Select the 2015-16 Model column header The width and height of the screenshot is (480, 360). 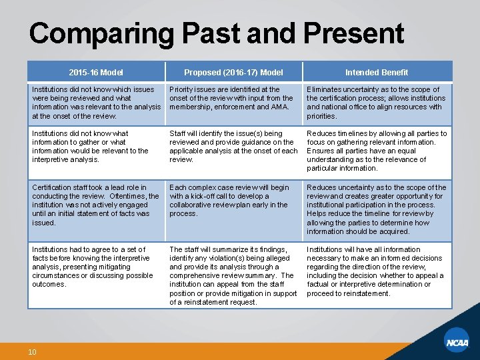tap(96, 72)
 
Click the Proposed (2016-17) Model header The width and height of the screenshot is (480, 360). tap(233, 72)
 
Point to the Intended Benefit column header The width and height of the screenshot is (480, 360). tap(377, 72)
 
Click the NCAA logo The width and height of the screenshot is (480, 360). tap(458, 342)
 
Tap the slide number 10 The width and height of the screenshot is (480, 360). tap(32, 351)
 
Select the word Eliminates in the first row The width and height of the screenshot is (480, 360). tap(325, 89)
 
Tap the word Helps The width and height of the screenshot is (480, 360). tap(317, 213)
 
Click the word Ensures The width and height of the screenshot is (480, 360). tap(321, 151)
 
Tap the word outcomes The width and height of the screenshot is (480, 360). tap(49, 284)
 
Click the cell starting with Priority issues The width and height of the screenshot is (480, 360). tap(233, 98)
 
